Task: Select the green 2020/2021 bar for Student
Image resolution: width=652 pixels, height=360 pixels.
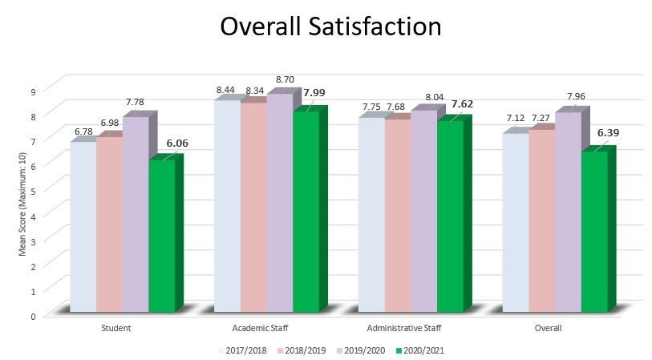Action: click(161, 236)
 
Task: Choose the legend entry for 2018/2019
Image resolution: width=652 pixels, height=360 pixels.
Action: click(302, 350)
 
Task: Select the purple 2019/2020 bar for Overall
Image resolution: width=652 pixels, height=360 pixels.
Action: click(568, 212)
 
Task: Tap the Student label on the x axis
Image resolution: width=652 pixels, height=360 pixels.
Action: click(117, 329)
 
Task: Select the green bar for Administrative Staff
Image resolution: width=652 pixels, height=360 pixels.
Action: click(449, 216)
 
